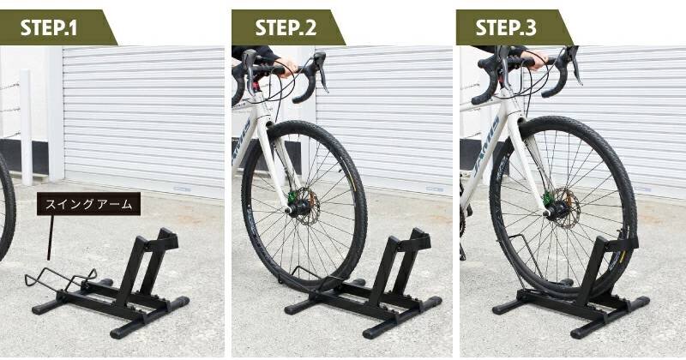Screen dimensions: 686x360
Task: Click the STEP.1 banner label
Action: [49, 28]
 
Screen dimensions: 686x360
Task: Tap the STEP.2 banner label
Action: [286, 28]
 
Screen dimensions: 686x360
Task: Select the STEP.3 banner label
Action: [505, 28]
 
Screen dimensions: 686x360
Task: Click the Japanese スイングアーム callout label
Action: [88, 204]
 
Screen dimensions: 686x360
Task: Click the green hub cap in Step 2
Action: [291, 199]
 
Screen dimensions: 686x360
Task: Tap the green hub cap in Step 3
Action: [547, 200]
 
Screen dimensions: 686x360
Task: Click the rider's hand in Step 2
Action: [286, 67]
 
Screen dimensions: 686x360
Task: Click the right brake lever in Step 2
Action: [322, 70]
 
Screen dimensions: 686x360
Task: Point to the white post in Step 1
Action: [27, 127]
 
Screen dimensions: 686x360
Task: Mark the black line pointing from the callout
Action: [51, 237]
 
